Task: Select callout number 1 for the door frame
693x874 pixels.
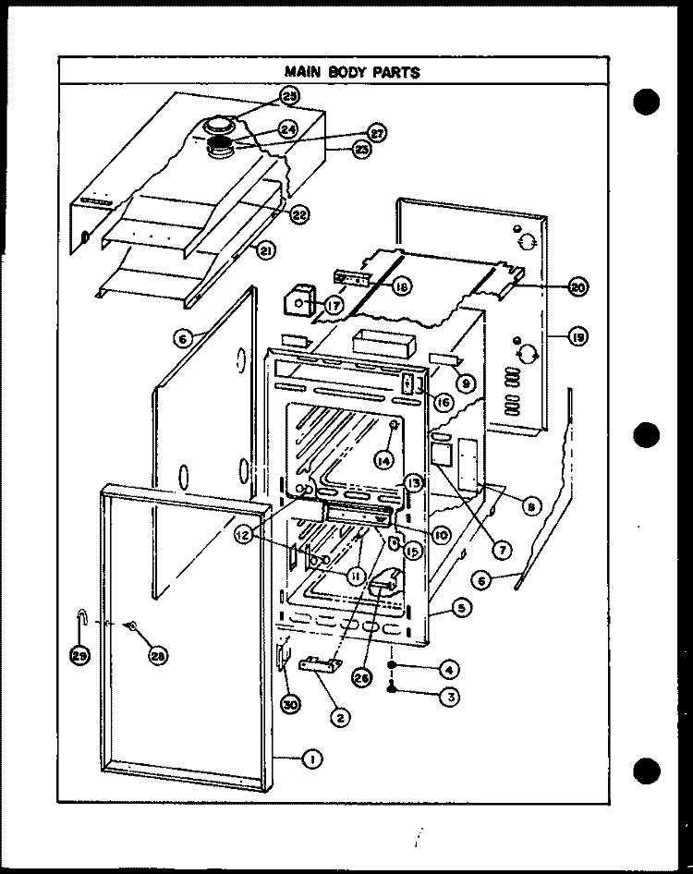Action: [x=312, y=759]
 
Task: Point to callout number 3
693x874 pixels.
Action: [x=450, y=698]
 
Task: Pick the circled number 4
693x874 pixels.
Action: [x=449, y=667]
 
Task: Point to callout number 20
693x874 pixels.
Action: [x=577, y=287]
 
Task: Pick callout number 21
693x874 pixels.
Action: [x=266, y=250]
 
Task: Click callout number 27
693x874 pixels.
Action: [x=377, y=132]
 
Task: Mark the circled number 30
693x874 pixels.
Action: [x=290, y=703]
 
